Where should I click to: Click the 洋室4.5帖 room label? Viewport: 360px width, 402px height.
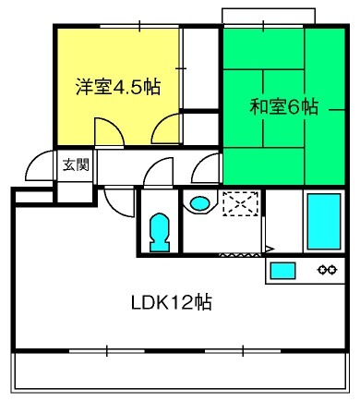pos(118,87)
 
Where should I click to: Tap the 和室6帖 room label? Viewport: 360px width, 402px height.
pos(283,106)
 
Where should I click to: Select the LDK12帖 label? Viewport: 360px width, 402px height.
pos(172,302)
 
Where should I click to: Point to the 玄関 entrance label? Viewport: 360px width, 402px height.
pos(76,164)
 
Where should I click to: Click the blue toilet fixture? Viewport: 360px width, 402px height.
pos(160,233)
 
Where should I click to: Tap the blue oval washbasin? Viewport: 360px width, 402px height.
pos(199,203)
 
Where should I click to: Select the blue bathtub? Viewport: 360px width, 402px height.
pos(324,221)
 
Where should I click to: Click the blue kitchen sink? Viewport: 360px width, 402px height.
pos(282,270)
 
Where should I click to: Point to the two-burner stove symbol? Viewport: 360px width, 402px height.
pos(327,270)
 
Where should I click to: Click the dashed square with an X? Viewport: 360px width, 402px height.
pos(241,203)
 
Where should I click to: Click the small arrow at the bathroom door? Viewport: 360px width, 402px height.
pos(270,249)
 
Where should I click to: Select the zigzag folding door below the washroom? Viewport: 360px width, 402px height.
pos(240,255)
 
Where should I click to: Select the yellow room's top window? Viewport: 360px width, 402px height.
pos(139,27)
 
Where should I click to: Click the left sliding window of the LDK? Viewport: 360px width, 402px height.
pos(107,350)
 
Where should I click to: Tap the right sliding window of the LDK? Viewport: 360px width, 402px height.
pos(243,350)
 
